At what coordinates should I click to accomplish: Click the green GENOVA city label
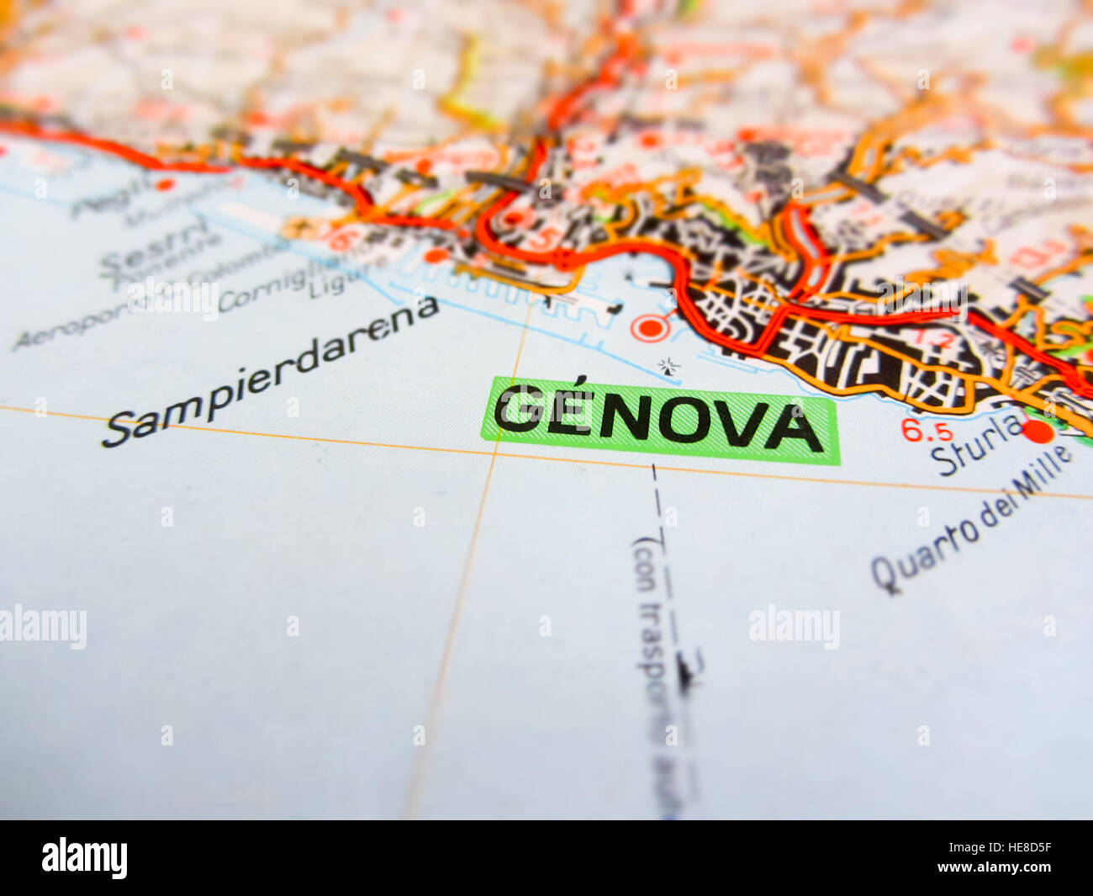tap(660, 420)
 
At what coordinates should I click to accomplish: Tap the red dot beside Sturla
tap(1039, 432)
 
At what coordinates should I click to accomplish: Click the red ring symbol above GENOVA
tap(649, 327)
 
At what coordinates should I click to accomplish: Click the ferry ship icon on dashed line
tap(688, 670)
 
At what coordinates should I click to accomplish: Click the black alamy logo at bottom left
tap(84, 857)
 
